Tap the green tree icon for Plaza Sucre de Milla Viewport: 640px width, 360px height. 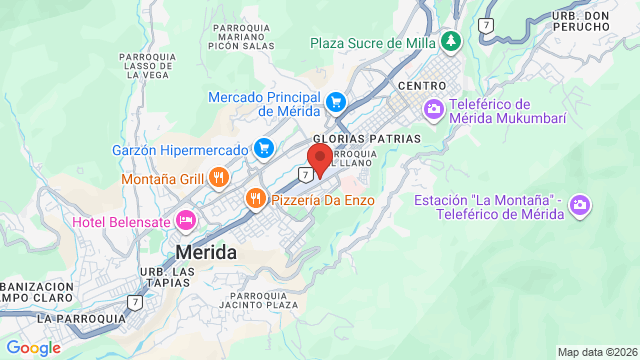click(x=452, y=41)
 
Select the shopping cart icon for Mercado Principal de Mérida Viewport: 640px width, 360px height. click(x=337, y=101)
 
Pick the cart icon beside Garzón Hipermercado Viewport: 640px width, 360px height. click(x=264, y=149)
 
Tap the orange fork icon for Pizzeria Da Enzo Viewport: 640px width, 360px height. click(x=257, y=199)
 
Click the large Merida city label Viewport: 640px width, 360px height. click(x=206, y=252)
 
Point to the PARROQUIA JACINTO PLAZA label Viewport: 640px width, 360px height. click(x=263, y=301)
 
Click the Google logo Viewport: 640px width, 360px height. click(x=33, y=347)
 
